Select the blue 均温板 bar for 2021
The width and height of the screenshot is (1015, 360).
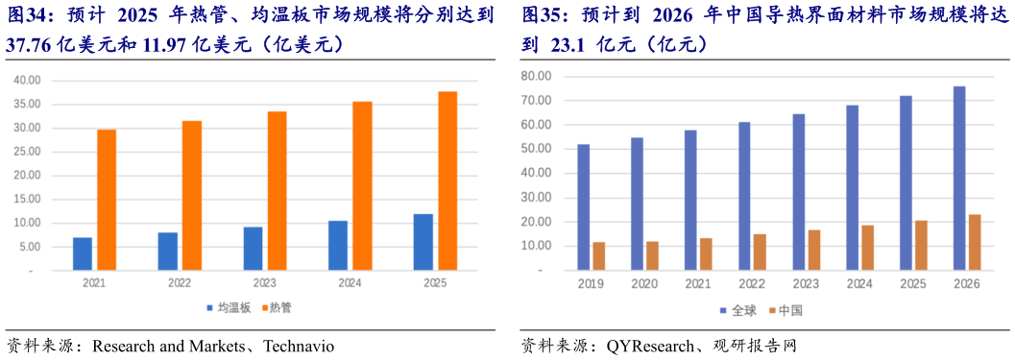click(83, 253)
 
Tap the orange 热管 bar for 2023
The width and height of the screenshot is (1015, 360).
click(277, 191)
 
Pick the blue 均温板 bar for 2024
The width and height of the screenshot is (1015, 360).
click(338, 246)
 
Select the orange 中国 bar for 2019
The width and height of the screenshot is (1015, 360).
click(599, 256)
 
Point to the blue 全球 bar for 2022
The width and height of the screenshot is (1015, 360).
click(744, 196)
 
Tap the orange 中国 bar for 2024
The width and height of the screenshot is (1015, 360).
click(867, 248)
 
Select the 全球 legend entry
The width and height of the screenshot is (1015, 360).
click(738, 310)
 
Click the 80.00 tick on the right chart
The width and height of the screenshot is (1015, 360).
click(536, 76)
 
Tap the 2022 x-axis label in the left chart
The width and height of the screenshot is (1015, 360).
click(180, 284)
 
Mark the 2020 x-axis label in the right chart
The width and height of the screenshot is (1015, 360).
click(643, 285)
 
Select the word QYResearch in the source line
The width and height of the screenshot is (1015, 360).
click(648, 346)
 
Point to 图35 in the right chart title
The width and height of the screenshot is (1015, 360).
click(539, 15)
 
